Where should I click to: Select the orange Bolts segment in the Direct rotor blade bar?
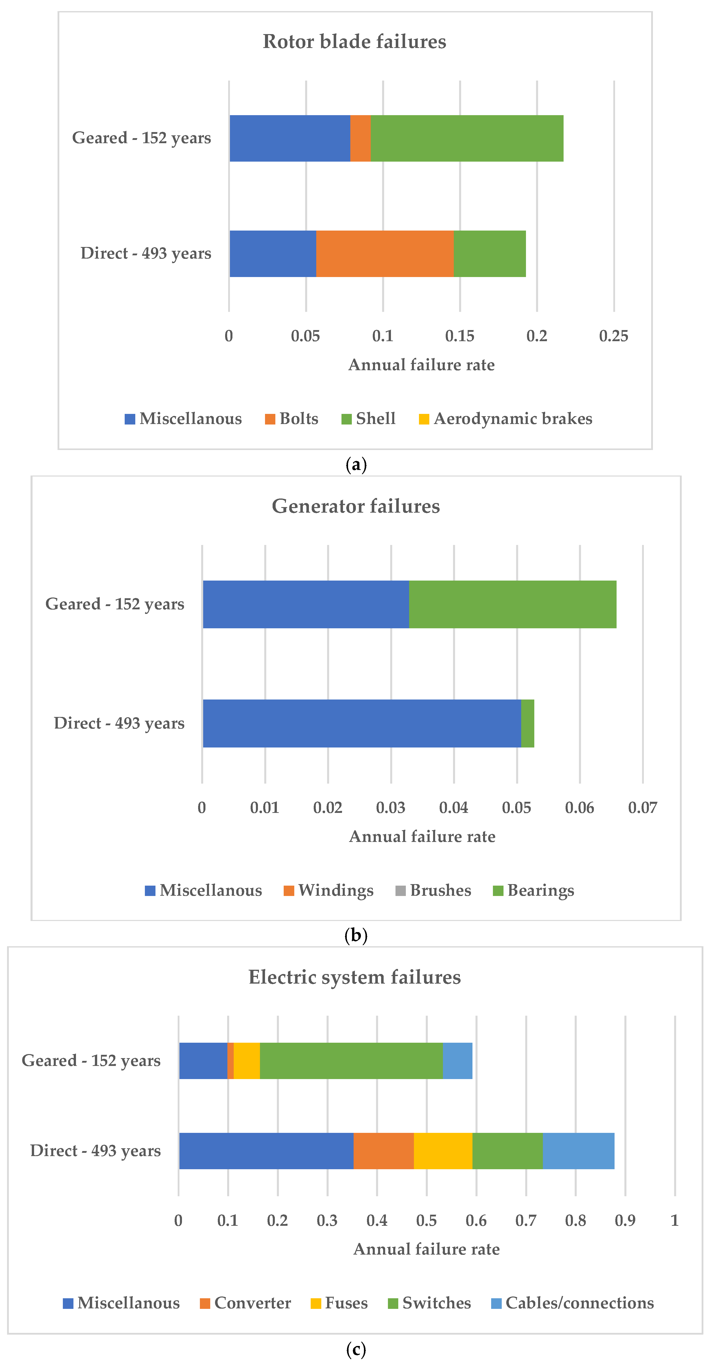[x=384, y=254]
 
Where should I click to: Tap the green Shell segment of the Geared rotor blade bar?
[x=466, y=138]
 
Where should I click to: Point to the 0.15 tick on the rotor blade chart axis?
[x=460, y=336]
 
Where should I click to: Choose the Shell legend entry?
[x=368, y=419]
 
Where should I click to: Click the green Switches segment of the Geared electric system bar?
[x=351, y=1060]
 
